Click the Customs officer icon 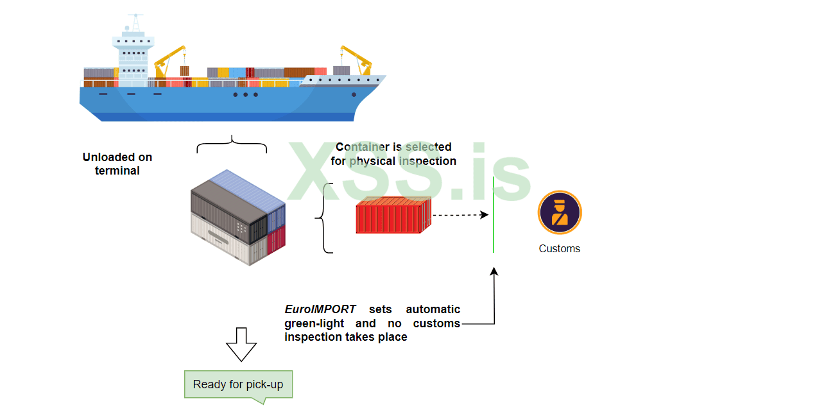[560, 212]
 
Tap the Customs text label [559, 249]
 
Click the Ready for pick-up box [237, 384]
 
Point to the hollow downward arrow [241, 344]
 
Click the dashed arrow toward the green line [460, 215]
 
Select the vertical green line [493, 215]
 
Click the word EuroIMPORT [320, 310]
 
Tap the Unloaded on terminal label [117, 164]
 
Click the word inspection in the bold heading [429, 161]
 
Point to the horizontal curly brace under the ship [232, 144]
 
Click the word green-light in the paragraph [314, 323]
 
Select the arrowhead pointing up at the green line [494, 272]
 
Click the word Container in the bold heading [363, 147]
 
